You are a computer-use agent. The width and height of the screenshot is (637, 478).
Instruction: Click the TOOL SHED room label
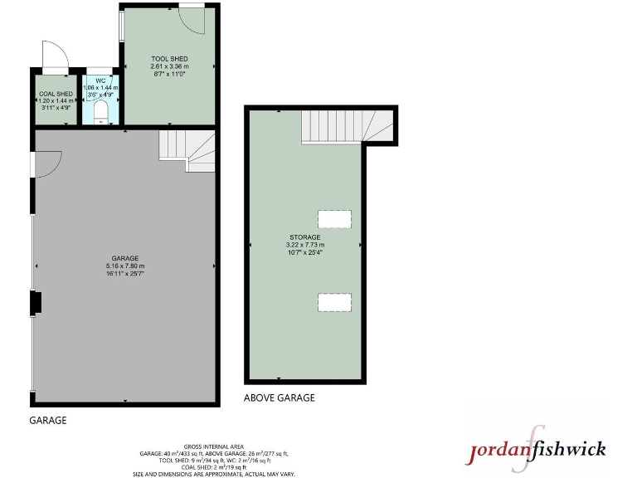coord(169,59)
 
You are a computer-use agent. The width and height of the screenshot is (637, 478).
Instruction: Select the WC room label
coord(100,80)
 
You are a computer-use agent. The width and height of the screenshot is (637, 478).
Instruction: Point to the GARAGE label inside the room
coord(125,258)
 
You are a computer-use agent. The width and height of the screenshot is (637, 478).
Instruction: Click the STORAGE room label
coord(304,237)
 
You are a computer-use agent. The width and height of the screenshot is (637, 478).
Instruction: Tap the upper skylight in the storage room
coord(334,219)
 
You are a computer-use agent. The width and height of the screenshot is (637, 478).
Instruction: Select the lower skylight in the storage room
coord(334,302)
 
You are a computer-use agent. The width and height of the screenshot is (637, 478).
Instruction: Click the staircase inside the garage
coord(187,149)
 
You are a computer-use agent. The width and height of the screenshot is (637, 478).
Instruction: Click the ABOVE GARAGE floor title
coord(279,398)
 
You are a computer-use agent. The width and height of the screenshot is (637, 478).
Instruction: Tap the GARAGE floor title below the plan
coord(48,421)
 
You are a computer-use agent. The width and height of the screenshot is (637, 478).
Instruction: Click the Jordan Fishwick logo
coord(538,448)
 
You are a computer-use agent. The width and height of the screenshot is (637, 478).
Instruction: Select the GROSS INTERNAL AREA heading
coord(214,446)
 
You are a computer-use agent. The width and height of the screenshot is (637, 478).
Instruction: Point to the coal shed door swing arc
coord(52,56)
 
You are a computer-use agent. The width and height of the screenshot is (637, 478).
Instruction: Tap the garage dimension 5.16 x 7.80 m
coord(125,266)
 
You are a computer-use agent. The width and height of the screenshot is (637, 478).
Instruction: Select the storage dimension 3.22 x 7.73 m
coord(304,245)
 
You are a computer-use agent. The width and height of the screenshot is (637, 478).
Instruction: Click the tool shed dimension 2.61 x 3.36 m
coord(169,66)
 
